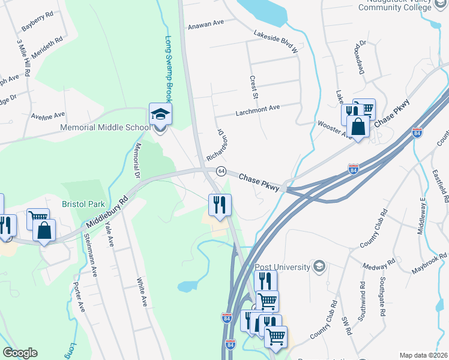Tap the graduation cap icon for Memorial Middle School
coord(160,113)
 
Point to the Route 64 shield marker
coord(220,171)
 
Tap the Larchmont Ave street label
coord(258,109)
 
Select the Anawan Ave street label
coord(205,23)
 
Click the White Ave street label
coord(142,292)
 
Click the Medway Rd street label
coord(378,264)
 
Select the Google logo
coord(20,353)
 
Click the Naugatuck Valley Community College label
coord(394,7)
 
